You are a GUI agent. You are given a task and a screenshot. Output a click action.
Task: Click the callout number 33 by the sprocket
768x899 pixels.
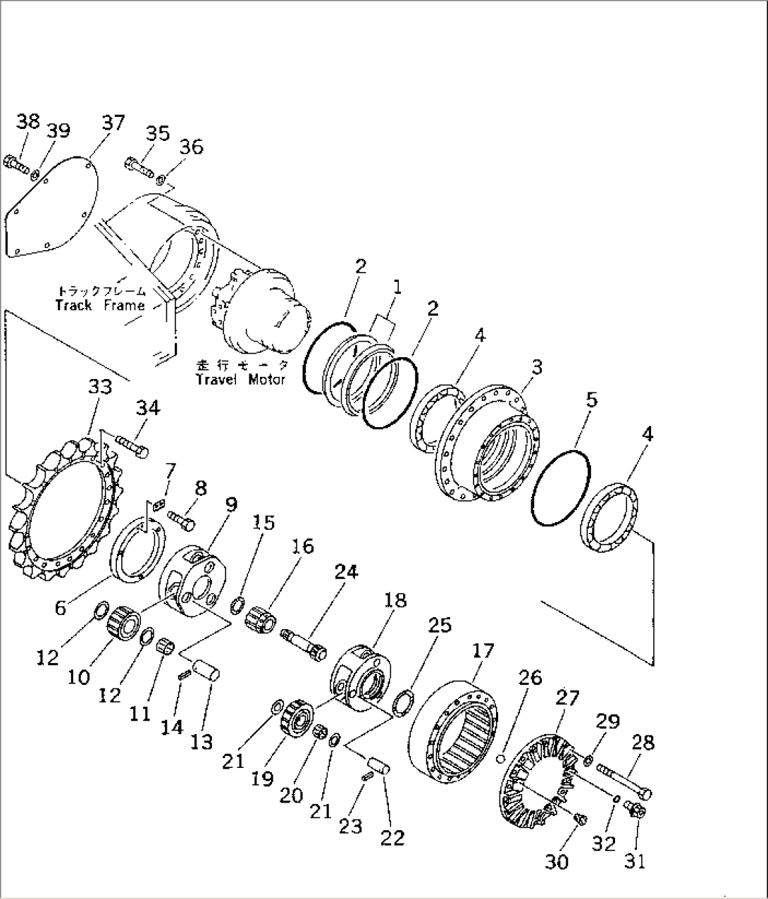pyautogui.click(x=99, y=387)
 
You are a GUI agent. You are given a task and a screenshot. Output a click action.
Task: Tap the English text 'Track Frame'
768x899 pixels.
pyautogui.click(x=99, y=305)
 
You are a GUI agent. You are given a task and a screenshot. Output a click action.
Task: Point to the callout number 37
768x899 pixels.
pyautogui.click(x=112, y=123)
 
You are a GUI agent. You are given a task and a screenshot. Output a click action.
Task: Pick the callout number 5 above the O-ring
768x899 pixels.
pyautogui.click(x=592, y=400)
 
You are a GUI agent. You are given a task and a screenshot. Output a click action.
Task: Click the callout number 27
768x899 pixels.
pyautogui.click(x=568, y=697)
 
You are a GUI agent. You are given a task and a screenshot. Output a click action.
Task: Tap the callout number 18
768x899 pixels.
pyautogui.click(x=395, y=600)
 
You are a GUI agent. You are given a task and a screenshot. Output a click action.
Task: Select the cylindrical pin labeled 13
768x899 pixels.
pyautogui.click(x=209, y=669)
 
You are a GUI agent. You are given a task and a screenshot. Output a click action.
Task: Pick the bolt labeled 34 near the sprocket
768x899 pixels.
pyautogui.click(x=132, y=445)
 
